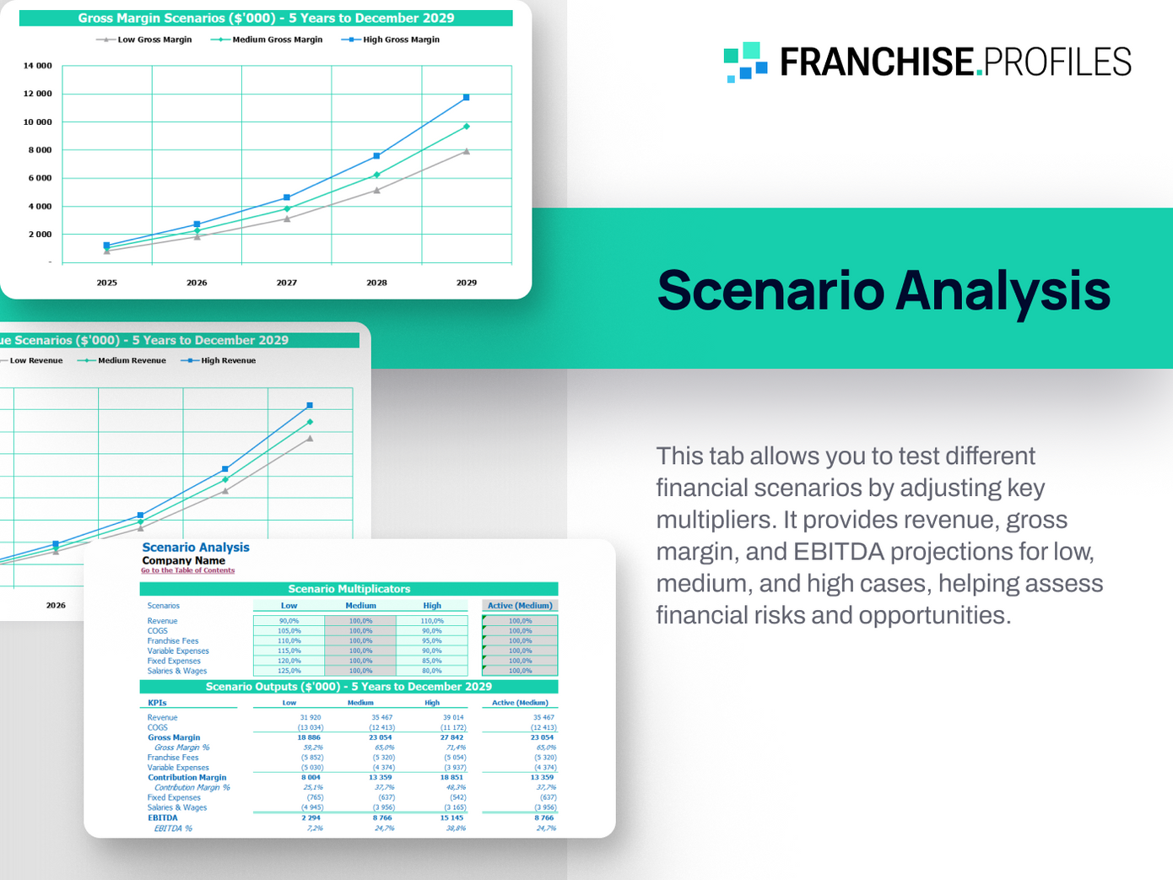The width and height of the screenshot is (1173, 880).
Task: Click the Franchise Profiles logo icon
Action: click(x=745, y=62)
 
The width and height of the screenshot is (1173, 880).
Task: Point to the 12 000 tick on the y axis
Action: click(x=37, y=94)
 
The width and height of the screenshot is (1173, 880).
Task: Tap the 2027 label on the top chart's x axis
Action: click(x=286, y=283)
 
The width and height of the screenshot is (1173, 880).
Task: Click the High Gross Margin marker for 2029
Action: click(x=467, y=98)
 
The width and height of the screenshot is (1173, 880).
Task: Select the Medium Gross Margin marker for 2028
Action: click(x=376, y=175)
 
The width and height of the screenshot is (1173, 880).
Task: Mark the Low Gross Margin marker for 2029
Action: click(x=467, y=152)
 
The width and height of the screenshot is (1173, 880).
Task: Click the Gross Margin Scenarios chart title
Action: click(x=266, y=18)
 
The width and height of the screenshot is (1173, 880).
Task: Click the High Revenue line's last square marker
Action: click(x=310, y=406)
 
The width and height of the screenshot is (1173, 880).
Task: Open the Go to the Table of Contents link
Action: click(x=187, y=570)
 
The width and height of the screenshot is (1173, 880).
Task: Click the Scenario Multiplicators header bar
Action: click(x=349, y=589)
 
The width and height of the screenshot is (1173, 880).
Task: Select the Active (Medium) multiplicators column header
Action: click(x=520, y=606)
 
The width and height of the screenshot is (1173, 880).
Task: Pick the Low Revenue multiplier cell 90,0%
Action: click(x=289, y=621)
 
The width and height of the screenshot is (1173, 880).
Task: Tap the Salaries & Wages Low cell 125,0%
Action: click(x=289, y=671)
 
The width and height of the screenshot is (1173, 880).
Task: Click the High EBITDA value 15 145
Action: click(x=451, y=818)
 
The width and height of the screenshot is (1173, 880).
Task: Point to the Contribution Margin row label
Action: click(x=186, y=777)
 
